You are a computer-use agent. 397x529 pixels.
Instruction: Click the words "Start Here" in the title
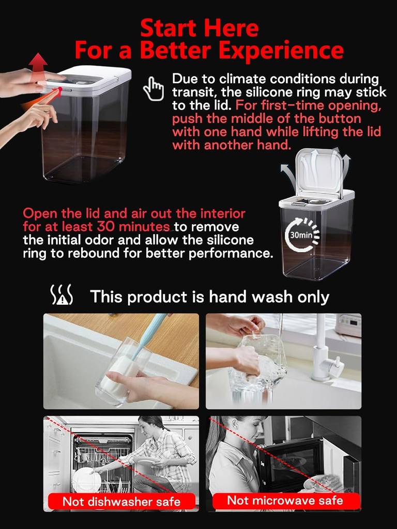[199, 28]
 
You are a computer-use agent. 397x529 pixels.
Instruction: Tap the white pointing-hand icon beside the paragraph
[154, 89]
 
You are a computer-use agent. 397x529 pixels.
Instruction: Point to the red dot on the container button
[60, 89]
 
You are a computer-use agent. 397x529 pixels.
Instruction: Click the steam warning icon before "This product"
[62, 294]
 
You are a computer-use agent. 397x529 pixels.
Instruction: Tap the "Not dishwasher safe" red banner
[121, 501]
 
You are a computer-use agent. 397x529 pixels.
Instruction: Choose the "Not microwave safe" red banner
[285, 500]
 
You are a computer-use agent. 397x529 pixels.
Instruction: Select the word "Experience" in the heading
[281, 51]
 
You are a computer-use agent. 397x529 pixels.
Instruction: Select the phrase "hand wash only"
[269, 297]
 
